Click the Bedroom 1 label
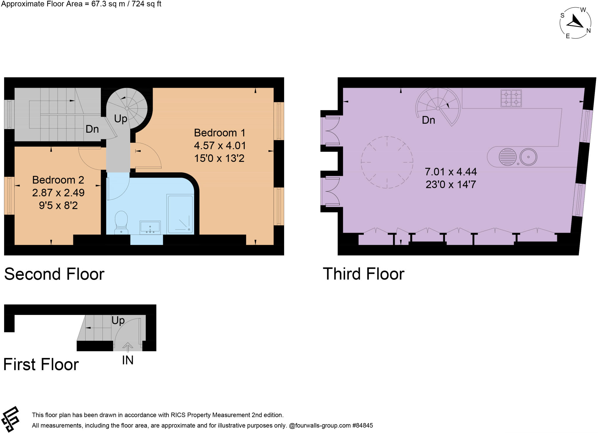coord(220,133)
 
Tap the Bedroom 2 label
coord(58,180)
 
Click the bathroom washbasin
coord(150,227)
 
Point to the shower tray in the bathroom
coord(180,214)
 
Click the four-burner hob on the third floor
coord(511,98)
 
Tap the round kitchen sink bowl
coord(528,157)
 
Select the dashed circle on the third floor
coord(387,162)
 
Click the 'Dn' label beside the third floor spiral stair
coord(428,120)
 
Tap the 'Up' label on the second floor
coord(121,119)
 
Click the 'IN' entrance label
coord(128,360)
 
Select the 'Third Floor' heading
coord(363,274)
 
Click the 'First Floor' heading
coord(41,365)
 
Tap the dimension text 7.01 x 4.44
coord(451,172)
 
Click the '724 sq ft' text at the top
coord(146,4)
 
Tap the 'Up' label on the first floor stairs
coord(118,321)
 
